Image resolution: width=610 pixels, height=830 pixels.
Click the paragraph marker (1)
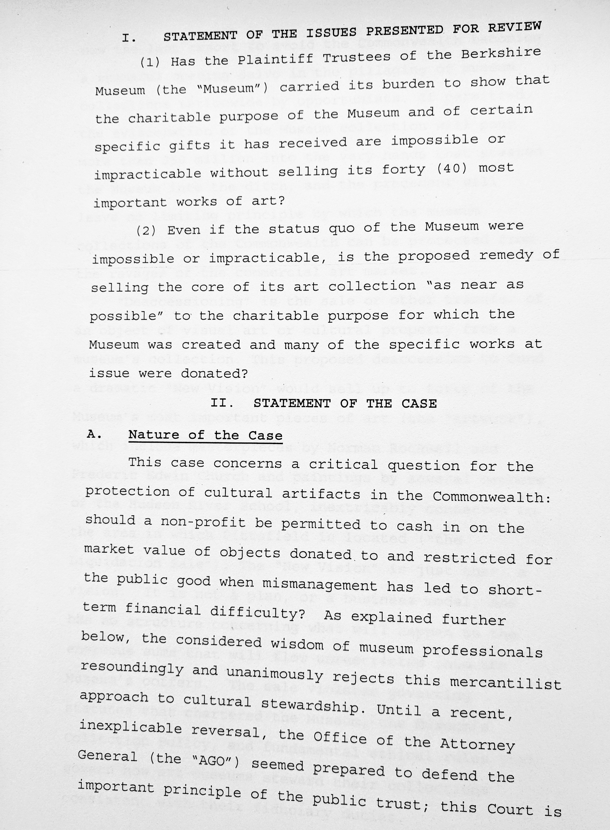pyautogui.click(x=150, y=62)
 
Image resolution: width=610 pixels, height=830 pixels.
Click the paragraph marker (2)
pyautogui.click(x=146, y=231)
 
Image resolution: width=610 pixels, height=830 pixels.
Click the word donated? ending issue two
pyautogui.click(x=214, y=373)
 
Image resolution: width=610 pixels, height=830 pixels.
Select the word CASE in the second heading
pyautogui.click(x=419, y=403)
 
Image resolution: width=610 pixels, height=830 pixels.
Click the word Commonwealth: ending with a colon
pyautogui.click(x=491, y=497)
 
